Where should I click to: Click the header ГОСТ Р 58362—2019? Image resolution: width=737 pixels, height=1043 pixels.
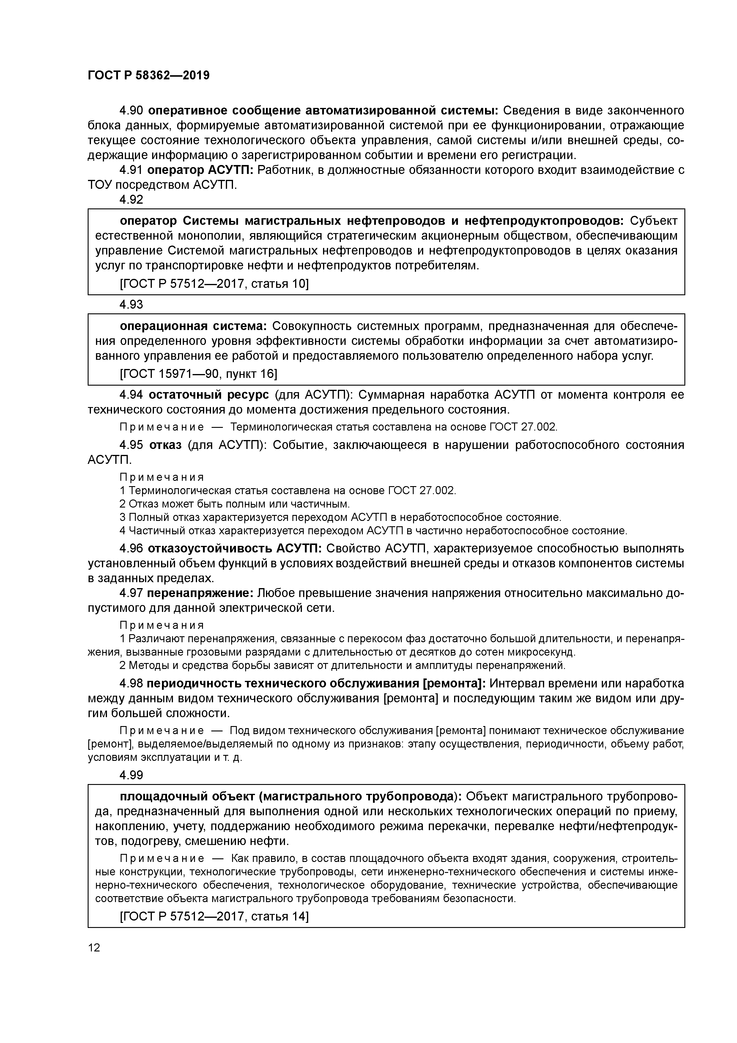click(x=149, y=76)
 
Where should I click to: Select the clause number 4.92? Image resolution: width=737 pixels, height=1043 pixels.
click(x=131, y=200)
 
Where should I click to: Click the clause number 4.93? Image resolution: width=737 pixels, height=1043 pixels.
click(x=131, y=304)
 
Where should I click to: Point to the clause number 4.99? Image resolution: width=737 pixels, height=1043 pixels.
click(x=131, y=775)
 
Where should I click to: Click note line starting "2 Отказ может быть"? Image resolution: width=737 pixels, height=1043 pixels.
click(x=235, y=504)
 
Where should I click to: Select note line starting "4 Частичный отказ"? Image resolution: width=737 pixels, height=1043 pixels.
click(x=372, y=531)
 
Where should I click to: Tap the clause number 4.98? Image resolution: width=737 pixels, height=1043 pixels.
click(x=131, y=683)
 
